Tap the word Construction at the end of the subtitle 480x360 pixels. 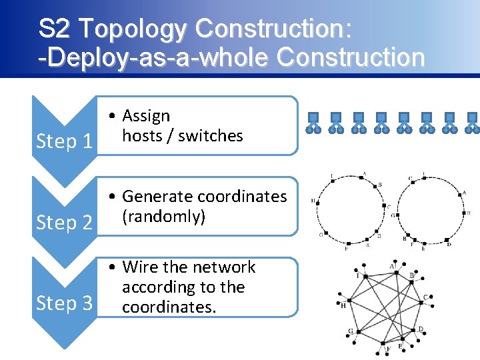point(351,57)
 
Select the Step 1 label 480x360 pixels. point(64,141)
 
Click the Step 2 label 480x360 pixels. point(64,222)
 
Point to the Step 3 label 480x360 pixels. point(64,303)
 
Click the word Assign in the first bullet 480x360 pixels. point(146,116)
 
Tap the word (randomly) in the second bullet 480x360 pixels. point(163,217)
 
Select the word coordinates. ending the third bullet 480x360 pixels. point(169,307)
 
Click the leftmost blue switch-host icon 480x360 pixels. point(313,123)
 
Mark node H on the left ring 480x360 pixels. point(321,201)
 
